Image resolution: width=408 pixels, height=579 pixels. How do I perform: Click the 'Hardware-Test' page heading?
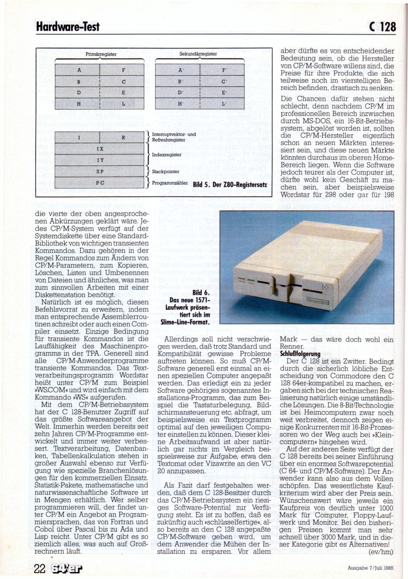pyautogui.click(x=67, y=27)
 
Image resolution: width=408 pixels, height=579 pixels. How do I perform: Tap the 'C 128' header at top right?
pyautogui.click(x=382, y=26)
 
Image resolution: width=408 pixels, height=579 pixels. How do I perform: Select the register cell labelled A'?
pyautogui.click(x=181, y=70)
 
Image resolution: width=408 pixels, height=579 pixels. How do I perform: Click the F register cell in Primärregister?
pyautogui.click(x=124, y=70)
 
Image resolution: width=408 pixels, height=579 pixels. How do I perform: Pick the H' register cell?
pyautogui.click(x=181, y=104)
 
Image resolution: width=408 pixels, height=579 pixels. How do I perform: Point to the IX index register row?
pyautogui.click(x=100, y=149)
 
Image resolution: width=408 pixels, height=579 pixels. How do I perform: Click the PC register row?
pyautogui.click(x=100, y=183)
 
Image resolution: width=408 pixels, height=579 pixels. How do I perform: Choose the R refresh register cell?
pyautogui.click(x=124, y=138)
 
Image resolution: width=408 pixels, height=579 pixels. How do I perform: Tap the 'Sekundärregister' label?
pyautogui.click(x=198, y=54)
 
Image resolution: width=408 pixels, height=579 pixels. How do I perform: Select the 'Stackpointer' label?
pyautogui.click(x=166, y=172)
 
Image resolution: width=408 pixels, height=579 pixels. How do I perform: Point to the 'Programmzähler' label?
pyautogui.click(x=170, y=183)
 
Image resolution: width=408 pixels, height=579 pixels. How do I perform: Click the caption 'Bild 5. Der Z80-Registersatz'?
pyautogui.click(x=229, y=185)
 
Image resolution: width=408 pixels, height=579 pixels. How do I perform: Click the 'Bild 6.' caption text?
pyautogui.click(x=201, y=293)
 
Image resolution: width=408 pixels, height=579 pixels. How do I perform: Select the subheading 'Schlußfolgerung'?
pyautogui.click(x=300, y=354)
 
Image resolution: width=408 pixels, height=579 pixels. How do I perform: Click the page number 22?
pyautogui.click(x=40, y=568)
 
